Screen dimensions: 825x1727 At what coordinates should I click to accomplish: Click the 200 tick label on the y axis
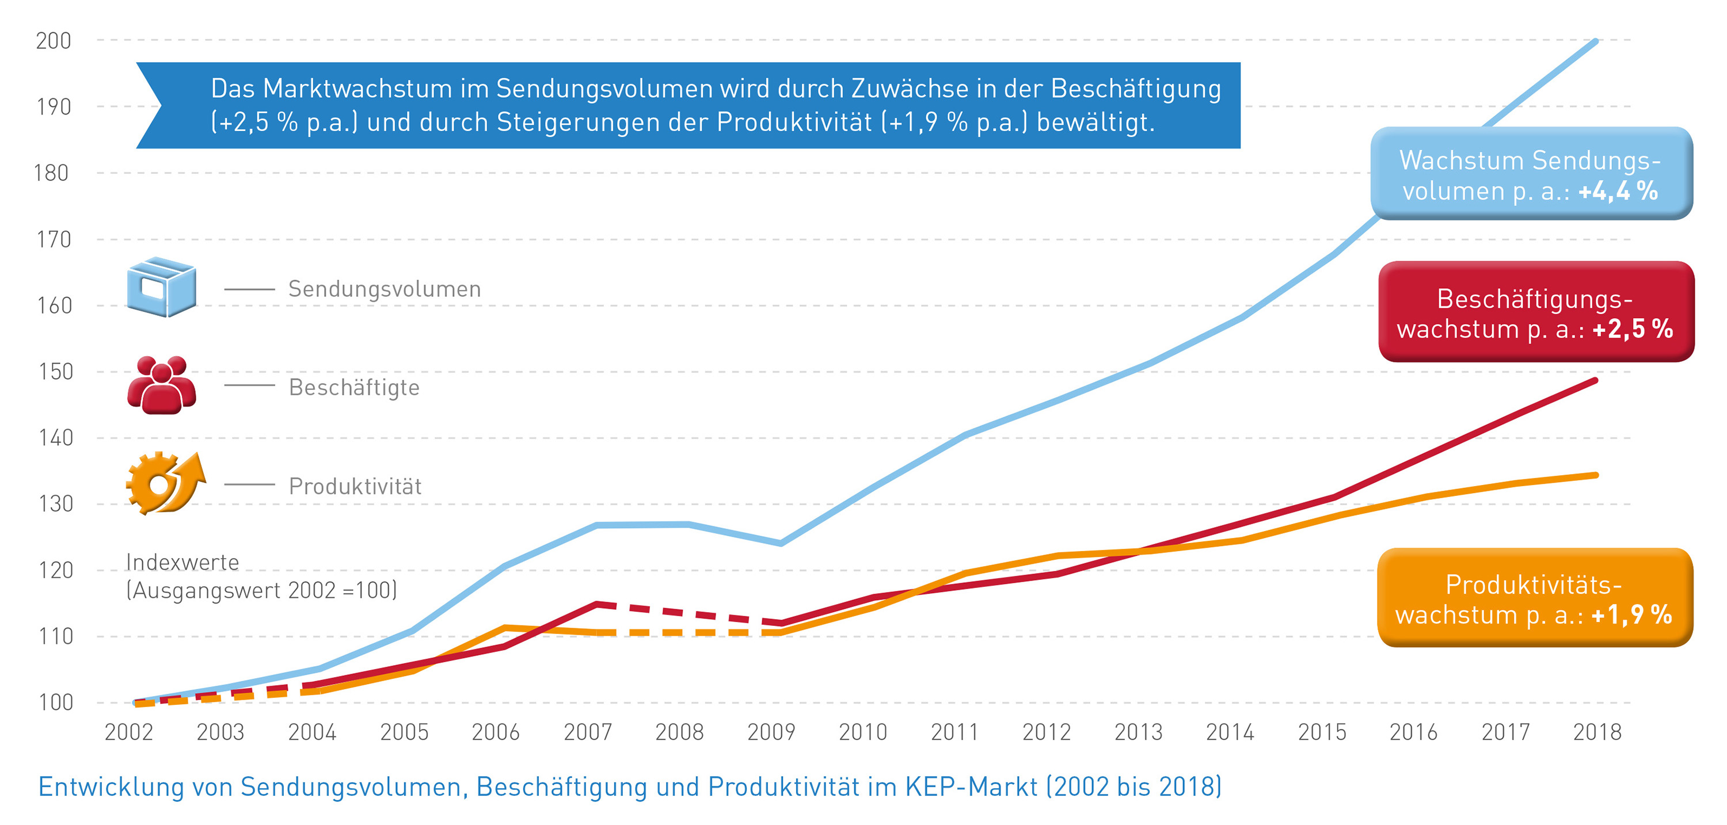[54, 41]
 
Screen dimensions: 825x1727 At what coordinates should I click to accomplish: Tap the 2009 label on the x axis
[771, 732]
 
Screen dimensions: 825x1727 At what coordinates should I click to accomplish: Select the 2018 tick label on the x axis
[1597, 732]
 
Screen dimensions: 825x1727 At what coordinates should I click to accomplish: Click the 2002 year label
[129, 732]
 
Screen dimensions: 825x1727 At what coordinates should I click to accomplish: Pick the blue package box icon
[162, 287]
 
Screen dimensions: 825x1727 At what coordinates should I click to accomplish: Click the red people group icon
[162, 385]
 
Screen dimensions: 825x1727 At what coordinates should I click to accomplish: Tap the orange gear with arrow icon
[164, 483]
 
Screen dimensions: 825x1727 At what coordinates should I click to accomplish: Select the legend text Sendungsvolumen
[384, 289]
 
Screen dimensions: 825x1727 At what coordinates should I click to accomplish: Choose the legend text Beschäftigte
[354, 387]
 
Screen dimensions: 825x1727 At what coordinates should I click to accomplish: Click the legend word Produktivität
[355, 486]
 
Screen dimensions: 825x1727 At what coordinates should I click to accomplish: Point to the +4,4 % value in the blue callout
[1618, 192]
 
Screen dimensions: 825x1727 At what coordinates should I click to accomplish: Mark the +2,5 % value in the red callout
[1633, 329]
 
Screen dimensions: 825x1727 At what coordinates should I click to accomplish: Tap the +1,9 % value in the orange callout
[1631, 615]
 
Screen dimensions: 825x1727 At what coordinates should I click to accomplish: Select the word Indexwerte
[182, 562]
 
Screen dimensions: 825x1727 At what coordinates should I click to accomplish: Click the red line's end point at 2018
[1596, 381]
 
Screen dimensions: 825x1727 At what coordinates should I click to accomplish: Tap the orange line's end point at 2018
[1596, 475]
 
